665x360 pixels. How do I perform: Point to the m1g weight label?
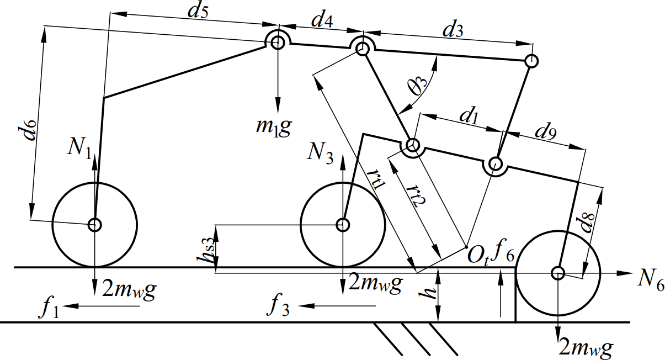coord(270,128)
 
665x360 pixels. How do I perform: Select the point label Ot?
coord(478,256)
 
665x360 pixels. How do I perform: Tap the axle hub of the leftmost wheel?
coord(95,224)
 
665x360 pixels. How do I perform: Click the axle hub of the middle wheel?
coord(343,224)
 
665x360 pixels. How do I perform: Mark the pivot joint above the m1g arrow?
coord(278,42)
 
